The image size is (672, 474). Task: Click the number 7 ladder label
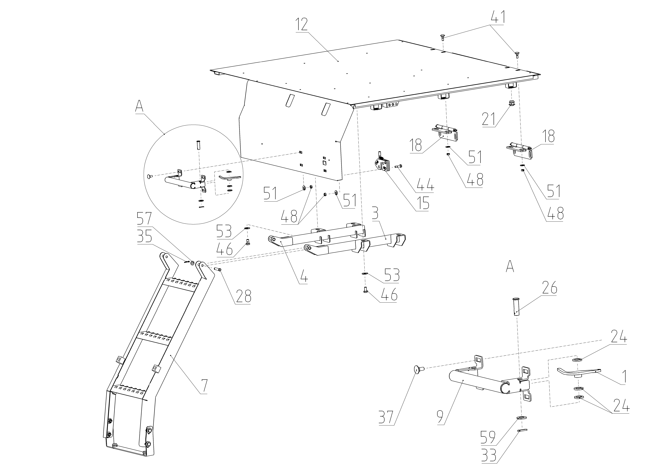pos(204,386)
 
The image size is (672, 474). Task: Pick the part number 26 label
pos(549,288)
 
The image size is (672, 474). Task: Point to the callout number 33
pos(488,455)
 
